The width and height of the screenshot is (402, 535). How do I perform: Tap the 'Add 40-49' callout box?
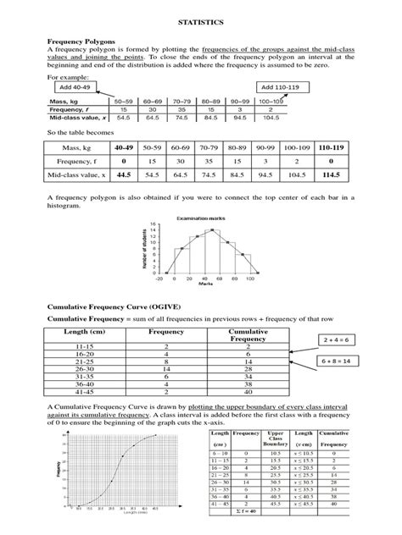click(75, 87)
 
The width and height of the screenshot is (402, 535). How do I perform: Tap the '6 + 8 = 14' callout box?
click(339, 361)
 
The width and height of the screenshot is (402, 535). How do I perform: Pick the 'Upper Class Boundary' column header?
click(274, 440)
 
